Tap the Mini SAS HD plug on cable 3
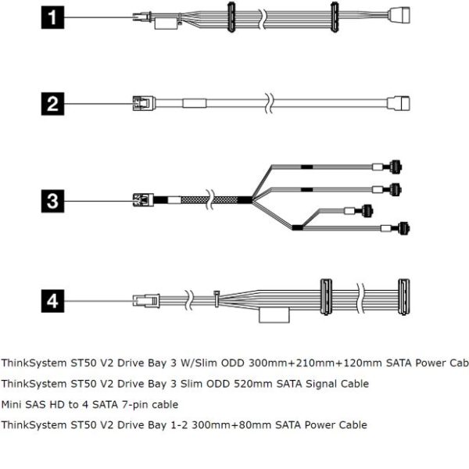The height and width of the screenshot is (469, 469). coord(142,200)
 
